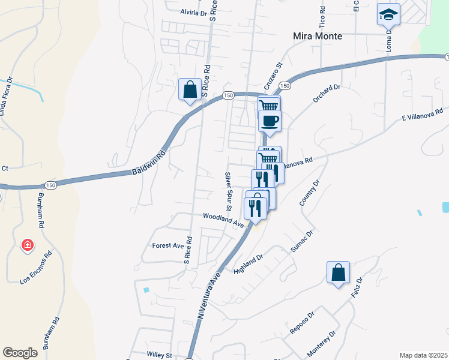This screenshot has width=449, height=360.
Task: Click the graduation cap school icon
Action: click(x=388, y=14)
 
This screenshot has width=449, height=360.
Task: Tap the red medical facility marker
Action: click(x=27, y=245)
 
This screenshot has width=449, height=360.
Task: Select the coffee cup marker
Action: click(x=270, y=120)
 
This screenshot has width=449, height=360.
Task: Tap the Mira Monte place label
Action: click(x=318, y=36)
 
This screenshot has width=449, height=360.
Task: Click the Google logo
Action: click(x=20, y=353)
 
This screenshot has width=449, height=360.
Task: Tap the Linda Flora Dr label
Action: click(x=6, y=96)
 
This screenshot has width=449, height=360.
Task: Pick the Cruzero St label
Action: click(x=272, y=74)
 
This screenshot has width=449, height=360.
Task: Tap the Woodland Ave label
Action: click(x=223, y=219)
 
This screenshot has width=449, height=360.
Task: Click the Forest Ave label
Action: click(x=167, y=245)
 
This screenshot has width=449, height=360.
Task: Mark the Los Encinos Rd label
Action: click(x=36, y=266)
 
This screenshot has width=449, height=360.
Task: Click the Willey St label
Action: click(x=160, y=355)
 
